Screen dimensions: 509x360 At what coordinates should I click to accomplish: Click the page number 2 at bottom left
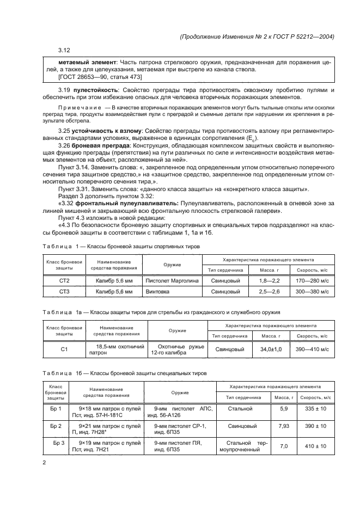coord(45,463)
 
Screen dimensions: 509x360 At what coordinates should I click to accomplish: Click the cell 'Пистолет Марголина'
coord(172,281)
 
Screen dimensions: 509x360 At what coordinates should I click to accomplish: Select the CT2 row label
coord(64,281)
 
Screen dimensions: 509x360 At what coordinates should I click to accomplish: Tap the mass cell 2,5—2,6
coord(269,292)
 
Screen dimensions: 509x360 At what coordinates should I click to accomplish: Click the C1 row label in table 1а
coord(64,350)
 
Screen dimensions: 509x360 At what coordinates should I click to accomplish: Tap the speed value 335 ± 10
coord(315,408)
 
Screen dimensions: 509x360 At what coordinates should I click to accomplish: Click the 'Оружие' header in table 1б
coord(180,393)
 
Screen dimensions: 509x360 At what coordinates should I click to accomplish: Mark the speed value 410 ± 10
coord(315,446)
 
